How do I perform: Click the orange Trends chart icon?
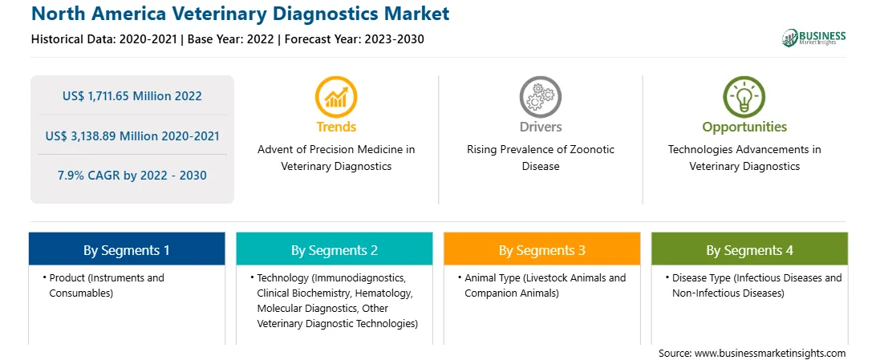336,97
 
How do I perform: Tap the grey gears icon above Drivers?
540,97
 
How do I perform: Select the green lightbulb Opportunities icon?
744,97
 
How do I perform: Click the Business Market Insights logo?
814,38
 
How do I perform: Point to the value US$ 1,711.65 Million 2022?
132,96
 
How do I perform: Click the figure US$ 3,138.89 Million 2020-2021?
132,136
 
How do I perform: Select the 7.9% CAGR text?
132,176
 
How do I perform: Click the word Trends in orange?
336,127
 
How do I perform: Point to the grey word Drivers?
541,127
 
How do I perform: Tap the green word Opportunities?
744,127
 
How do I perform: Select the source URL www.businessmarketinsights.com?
770,353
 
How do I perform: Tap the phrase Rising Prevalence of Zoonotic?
541,150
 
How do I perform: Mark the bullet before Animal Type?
459,277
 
